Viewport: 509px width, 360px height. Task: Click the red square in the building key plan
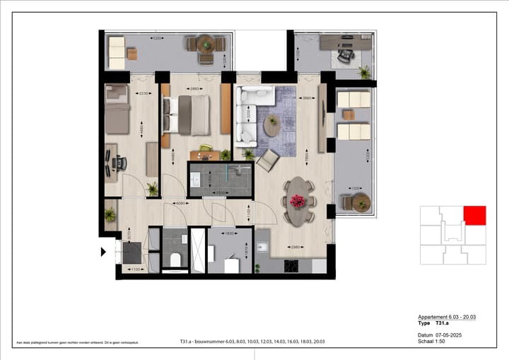point(475,216)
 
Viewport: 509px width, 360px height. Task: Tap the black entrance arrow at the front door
point(103,251)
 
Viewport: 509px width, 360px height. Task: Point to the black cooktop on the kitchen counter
point(291,266)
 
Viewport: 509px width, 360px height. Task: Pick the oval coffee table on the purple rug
point(271,124)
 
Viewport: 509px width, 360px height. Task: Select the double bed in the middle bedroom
point(188,115)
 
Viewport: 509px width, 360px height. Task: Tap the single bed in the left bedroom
point(117,112)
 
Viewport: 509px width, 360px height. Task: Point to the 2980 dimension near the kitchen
point(296,246)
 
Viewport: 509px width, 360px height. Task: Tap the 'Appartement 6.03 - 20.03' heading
point(448,318)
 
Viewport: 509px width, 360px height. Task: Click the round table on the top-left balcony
point(206,44)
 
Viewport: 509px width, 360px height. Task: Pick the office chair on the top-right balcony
point(346,53)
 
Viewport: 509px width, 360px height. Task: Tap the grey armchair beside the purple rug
point(267,161)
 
